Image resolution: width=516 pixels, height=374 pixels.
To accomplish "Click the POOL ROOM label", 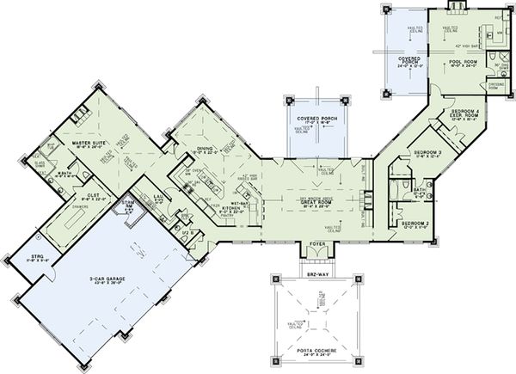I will pyautogui.click(x=464, y=62).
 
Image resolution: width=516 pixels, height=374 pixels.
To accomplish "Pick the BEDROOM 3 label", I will pyautogui.click(x=426, y=153).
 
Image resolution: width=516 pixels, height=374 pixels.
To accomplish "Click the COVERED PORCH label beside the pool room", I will pyautogui.click(x=408, y=59).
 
